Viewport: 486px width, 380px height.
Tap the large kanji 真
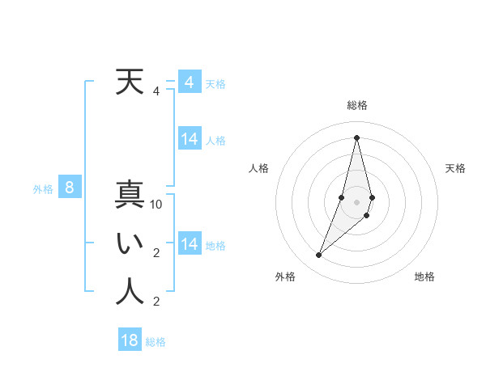point(130,196)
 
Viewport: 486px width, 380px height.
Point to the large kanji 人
point(130,291)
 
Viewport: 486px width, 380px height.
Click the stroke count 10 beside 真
point(156,205)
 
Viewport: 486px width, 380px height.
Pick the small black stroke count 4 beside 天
point(156,91)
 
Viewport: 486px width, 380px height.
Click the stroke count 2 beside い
point(156,253)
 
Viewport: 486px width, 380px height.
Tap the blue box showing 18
point(130,340)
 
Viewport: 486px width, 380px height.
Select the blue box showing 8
point(70,188)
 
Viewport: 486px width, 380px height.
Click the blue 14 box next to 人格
point(190,139)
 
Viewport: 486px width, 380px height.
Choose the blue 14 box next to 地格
point(190,243)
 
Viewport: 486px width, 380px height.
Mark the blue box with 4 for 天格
point(190,82)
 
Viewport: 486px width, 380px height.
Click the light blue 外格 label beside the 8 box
point(43,189)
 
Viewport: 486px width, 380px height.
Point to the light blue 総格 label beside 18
point(156,342)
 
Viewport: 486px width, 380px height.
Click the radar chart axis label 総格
point(356,105)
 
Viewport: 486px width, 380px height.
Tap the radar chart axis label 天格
point(456,168)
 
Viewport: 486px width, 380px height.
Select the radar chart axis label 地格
point(424,277)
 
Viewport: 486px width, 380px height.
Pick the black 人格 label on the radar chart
point(259,168)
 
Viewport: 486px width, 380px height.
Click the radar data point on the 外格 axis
point(318,255)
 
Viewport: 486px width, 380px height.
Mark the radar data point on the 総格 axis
point(356,137)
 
